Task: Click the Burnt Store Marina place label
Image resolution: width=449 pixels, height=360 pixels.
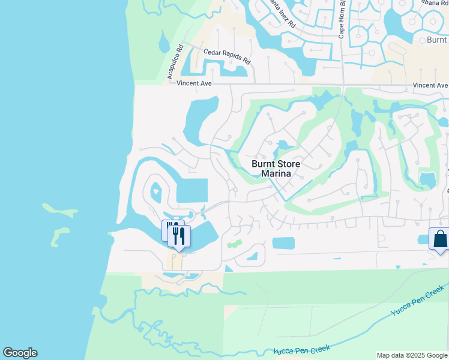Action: click(276, 169)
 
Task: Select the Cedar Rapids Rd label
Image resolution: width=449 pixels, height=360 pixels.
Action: click(227, 56)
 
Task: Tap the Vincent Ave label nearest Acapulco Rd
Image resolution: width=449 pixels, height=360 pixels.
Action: click(194, 83)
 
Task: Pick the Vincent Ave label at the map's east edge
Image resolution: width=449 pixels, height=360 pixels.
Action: click(430, 85)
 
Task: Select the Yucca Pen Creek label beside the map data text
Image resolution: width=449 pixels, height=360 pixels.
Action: click(303, 349)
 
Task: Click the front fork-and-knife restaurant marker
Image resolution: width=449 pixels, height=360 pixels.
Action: click(179, 236)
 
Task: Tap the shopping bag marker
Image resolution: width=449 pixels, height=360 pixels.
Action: click(440, 239)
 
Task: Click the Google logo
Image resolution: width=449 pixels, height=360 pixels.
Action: click(20, 353)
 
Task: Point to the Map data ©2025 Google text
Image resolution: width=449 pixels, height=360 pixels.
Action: click(412, 355)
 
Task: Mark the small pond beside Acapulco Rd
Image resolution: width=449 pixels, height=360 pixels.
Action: click(163, 43)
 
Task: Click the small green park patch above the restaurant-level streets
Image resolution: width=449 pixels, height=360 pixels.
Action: click(234, 245)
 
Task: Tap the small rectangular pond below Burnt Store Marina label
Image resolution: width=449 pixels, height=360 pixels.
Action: click(283, 243)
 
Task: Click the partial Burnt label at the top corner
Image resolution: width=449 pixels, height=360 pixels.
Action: click(436, 40)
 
